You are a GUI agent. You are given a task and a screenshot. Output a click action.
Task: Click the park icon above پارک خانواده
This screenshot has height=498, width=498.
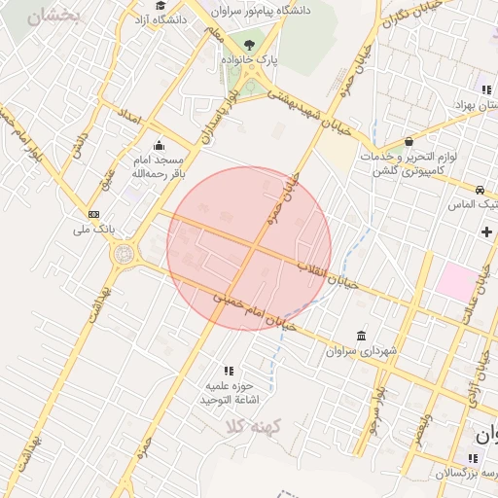(250, 44)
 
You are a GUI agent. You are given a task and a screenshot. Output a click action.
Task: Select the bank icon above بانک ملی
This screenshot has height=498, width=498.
(93, 214)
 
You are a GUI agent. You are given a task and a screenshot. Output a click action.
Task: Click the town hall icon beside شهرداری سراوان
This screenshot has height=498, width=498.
(362, 336)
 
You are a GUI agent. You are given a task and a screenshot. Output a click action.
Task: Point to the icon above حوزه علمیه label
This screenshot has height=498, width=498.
(229, 371)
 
